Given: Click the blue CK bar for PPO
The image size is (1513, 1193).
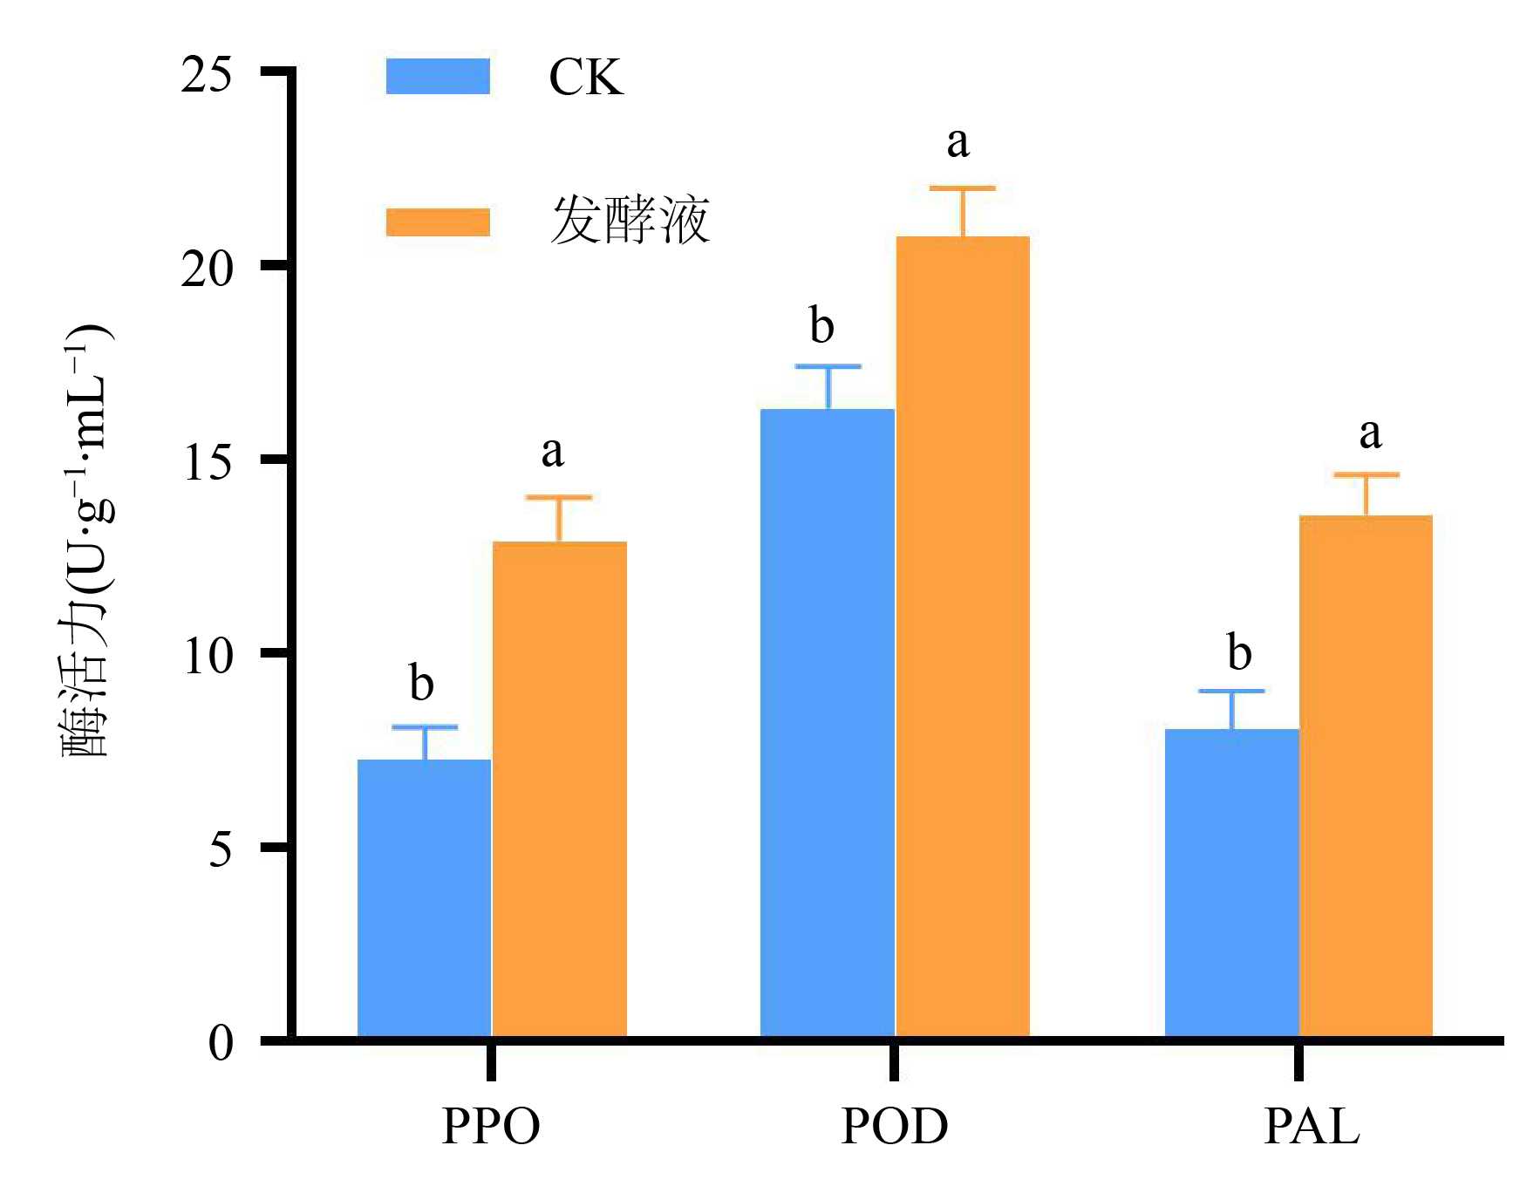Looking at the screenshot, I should coord(425,898).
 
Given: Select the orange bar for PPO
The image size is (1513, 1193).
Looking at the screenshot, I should coord(560,789).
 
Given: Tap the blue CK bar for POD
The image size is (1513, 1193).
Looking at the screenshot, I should coord(828,724).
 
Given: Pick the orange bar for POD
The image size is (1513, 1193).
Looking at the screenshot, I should coord(964,637).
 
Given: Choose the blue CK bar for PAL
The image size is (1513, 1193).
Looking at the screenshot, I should coord(1231,883).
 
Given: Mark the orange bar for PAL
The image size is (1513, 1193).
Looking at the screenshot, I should coord(1366,776).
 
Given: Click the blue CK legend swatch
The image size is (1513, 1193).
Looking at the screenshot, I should coord(438,77).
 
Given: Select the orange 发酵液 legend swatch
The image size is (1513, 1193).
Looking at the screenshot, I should coord(438,222).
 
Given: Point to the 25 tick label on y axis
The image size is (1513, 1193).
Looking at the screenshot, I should coord(207,75).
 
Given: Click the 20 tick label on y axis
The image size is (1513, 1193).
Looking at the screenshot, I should coord(207,269).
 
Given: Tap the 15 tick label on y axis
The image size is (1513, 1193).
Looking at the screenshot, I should coord(207,462).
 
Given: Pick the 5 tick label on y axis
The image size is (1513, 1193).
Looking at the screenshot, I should coord(221,849).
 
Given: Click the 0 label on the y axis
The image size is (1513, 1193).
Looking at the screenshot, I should coord(221,1042).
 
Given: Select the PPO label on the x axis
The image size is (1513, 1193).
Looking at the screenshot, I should coord(491,1127).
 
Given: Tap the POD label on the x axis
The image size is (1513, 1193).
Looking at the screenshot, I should coord(895,1127).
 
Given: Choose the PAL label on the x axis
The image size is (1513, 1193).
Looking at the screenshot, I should coord(1312,1127).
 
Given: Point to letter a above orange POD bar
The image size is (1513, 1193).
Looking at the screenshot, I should coord(958,141).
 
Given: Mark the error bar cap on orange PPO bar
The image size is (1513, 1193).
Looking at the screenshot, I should coord(559,498).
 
